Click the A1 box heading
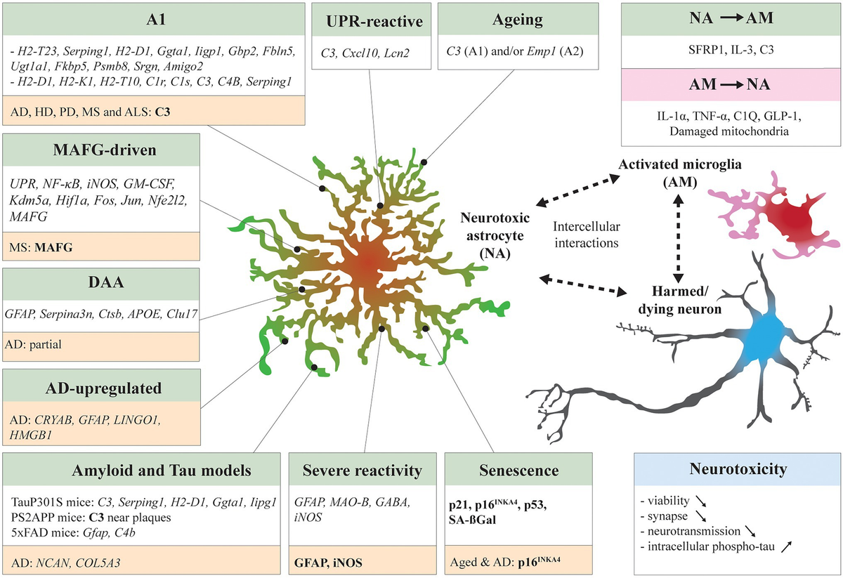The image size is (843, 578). pos(103,20)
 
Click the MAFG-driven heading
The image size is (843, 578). pos(103,152)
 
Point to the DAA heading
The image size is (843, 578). pos(103,284)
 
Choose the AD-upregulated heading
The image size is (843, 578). pos(103,388)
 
